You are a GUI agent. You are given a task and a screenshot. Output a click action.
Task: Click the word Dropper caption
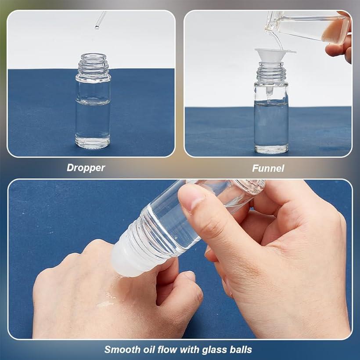coord(86,168)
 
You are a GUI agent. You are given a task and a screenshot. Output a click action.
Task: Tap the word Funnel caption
coord(268,168)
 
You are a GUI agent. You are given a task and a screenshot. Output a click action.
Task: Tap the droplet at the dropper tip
coord(97,28)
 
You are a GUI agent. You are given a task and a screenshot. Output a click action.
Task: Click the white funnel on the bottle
coord(275,55)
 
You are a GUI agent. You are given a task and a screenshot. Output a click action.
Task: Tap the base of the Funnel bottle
coord(271,148)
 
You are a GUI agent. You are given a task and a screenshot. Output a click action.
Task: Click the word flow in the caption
coord(167,349)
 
